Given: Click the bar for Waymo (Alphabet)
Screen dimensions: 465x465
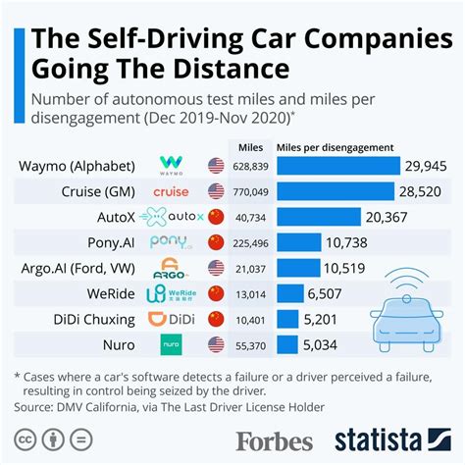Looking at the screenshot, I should (338, 165).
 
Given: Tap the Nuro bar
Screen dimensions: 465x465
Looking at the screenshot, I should (288, 343).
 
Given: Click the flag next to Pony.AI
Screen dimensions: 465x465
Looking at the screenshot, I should (216, 241).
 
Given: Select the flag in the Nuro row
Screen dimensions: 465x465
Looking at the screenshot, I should (216, 343).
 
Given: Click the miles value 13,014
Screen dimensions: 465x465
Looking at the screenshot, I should (252, 292).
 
